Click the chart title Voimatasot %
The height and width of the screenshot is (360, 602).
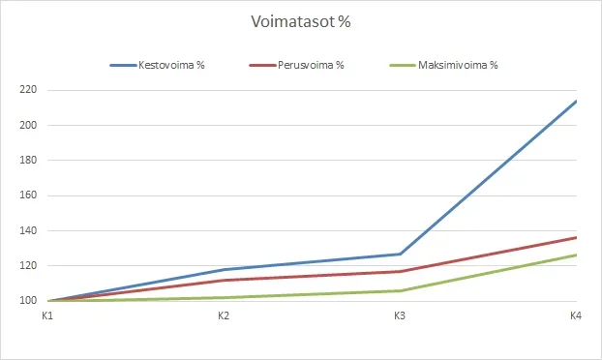[x=300, y=22]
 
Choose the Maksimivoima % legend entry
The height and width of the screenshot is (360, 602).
[x=458, y=66]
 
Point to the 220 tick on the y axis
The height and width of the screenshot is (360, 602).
[x=27, y=90]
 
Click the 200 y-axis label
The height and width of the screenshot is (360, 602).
[x=27, y=126]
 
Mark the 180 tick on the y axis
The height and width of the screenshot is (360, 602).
[x=27, y=161]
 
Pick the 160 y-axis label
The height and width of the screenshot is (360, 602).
[x=27, y=195]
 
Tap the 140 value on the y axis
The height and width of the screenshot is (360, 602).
[x=27, y=231]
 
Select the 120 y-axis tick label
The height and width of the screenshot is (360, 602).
[x=27, y=266]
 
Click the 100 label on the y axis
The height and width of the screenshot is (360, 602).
[x=27, y=301]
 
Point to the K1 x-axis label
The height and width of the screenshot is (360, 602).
[x=46, y=316]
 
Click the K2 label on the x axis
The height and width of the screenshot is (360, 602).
[x=223, y=316]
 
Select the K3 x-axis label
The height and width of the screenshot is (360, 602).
[x=399, y=316]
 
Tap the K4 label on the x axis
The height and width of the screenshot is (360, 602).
[x=575, y=316]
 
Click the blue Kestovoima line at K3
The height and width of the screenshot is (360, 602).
[x=399, y=255]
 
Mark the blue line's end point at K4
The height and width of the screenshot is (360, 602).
[x=575, y=101]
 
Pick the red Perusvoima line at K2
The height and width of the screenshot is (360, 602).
[x=223, y=281]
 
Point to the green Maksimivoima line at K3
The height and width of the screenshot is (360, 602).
[x=399, y=290]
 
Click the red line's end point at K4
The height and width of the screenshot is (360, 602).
[x=575, y=238]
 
